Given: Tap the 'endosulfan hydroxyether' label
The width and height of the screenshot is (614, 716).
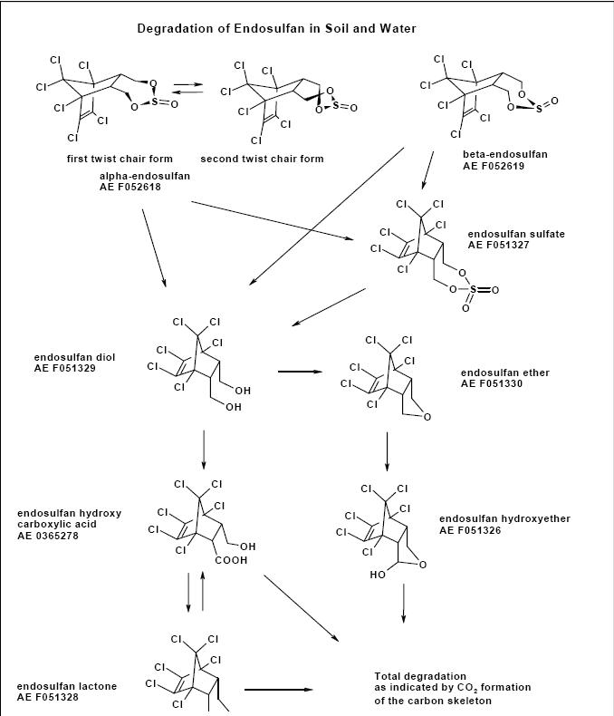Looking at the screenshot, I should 504,518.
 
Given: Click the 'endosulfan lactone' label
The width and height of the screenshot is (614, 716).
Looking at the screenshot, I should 66,686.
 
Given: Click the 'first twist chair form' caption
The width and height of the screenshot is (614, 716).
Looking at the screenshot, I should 120,160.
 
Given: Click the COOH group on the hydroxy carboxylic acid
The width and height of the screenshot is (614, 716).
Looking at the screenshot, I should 230,560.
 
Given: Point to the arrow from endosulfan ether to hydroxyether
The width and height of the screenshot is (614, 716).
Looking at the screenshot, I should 388,450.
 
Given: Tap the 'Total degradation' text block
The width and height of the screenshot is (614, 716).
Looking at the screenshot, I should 452,688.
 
